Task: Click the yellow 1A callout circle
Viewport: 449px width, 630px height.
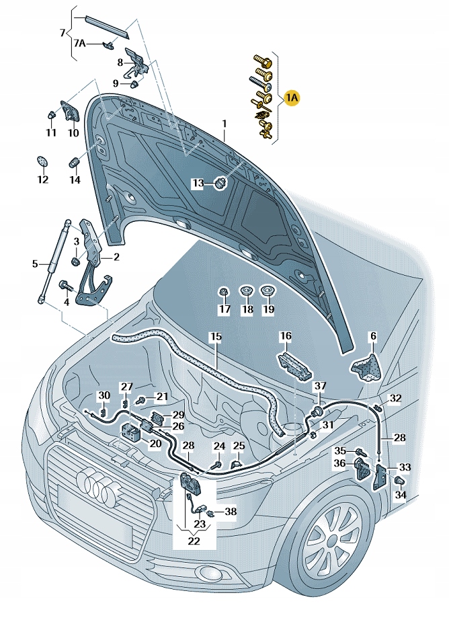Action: coord(291,98)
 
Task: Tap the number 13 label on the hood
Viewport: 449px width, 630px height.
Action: coord(198,183)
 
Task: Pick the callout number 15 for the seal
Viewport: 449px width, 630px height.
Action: coord(214,336)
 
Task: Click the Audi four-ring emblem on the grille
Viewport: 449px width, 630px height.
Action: coord(95,487)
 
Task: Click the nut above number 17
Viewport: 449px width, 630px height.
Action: coord(224,291)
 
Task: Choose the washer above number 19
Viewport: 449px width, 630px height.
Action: coord(268,291)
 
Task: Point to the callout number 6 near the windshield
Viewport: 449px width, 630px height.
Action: coord(373,336)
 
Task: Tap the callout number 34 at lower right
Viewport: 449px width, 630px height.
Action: coord(401,496)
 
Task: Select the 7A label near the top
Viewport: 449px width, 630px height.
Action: coord(79,44)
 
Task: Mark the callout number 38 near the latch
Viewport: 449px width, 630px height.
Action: coord(231,511)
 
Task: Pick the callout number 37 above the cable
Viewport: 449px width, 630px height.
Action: coord(321,386)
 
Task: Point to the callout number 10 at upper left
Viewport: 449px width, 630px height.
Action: coord(73,133)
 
